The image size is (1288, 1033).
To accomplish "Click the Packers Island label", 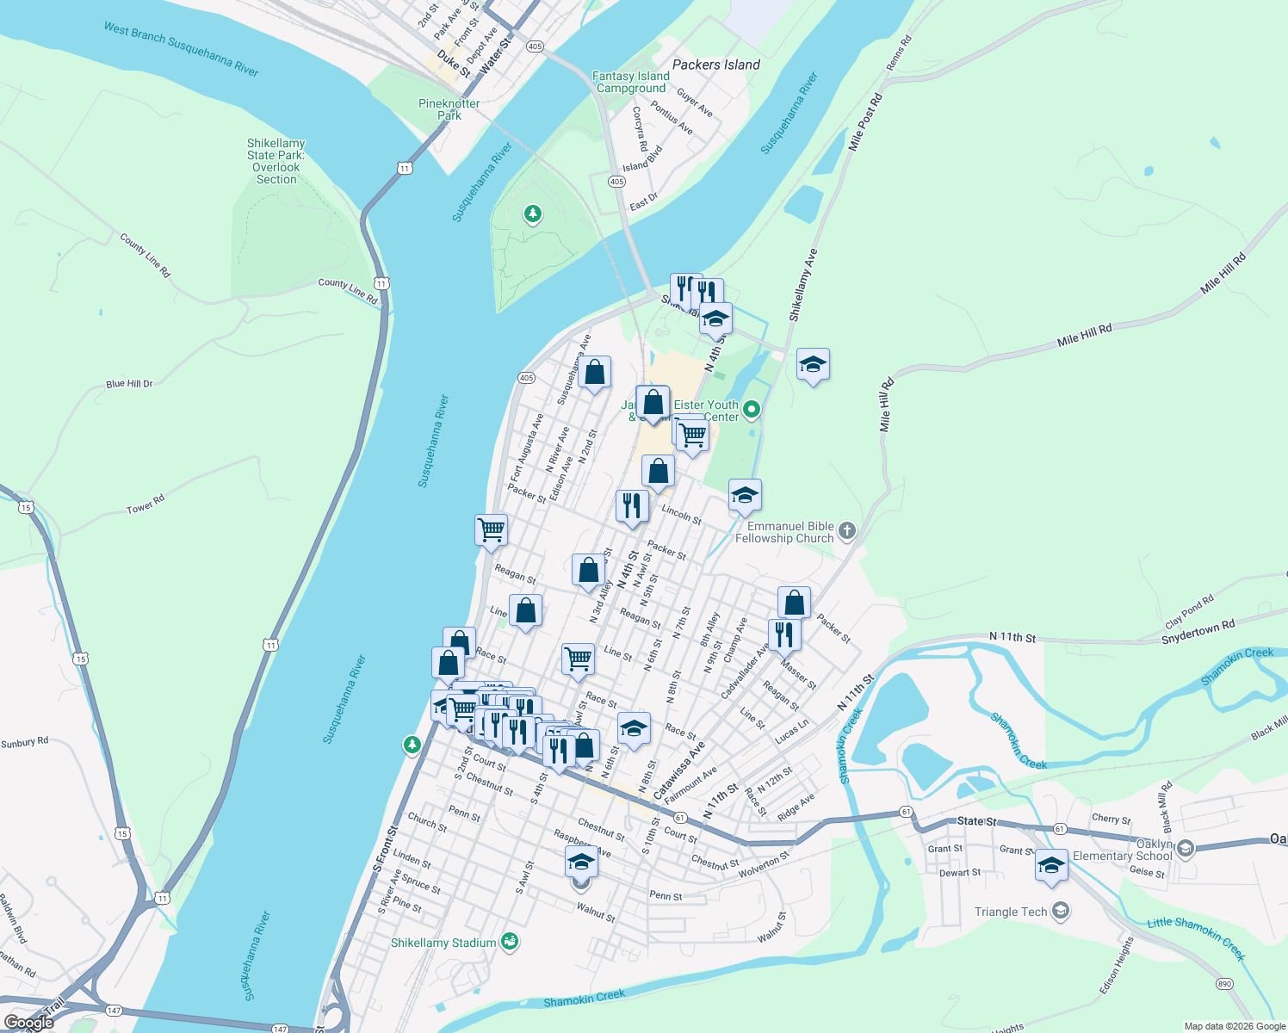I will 715,65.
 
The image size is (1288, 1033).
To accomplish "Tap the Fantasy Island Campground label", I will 631,83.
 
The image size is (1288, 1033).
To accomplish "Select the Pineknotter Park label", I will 449,109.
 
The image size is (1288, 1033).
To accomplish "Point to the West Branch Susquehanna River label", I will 181,49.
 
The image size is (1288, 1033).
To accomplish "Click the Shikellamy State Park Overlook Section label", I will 276,161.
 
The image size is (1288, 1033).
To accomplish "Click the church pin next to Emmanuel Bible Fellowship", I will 847,531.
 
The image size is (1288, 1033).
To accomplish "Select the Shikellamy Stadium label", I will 443,943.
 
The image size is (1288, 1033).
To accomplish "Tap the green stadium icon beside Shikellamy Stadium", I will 510,942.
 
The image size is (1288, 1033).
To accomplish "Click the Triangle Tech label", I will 1011,912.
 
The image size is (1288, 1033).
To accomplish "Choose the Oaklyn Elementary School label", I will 1123,851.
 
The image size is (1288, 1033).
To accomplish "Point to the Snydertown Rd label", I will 1198,632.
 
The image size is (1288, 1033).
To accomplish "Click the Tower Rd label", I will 146,504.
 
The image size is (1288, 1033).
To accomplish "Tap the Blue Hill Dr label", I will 129,384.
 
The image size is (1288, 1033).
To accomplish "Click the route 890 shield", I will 1224,984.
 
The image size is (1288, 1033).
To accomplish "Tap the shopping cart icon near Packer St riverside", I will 491,529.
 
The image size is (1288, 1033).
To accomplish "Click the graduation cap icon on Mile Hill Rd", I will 813,364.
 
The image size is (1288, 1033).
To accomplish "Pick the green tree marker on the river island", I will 533,213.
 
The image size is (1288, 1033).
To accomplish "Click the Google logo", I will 29,1023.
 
